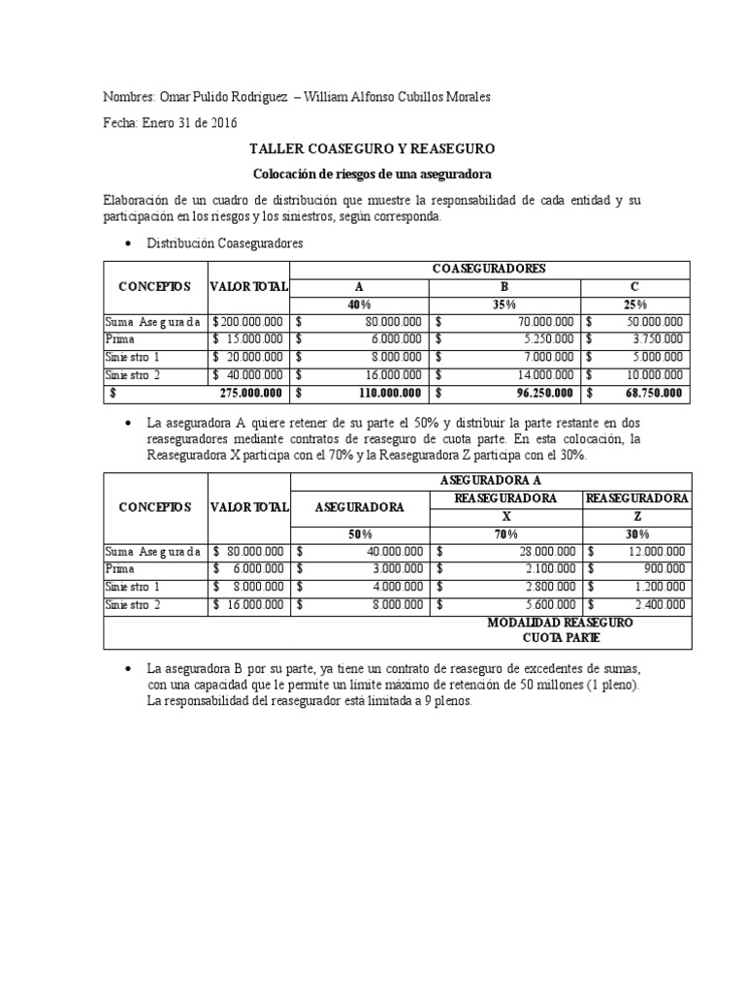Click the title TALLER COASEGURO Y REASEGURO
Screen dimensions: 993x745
[372, 149]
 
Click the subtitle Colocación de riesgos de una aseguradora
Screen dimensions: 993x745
[372, 175]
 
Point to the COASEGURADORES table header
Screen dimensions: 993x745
[489, 269]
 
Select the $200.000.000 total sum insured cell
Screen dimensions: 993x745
[248, 323]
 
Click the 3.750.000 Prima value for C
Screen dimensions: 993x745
[658, 340]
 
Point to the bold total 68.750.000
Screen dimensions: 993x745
[655, 394]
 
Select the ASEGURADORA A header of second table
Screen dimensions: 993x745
[489, 481]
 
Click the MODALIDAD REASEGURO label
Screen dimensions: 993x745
[561, 623]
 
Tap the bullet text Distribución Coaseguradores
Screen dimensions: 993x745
[224, 244]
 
